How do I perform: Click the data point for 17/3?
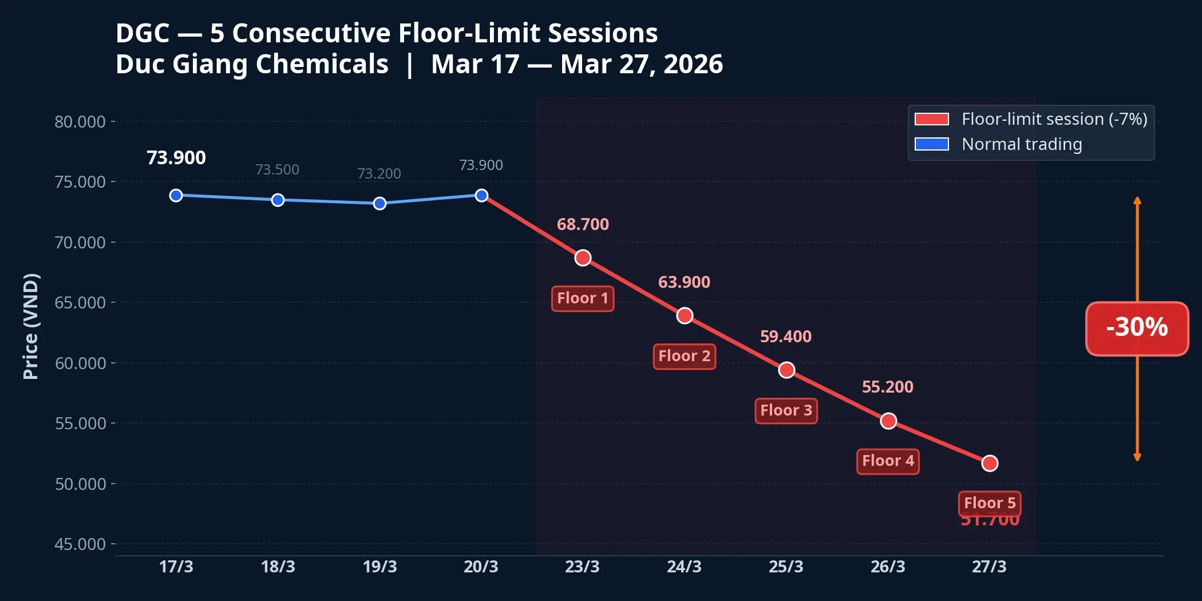tap(176, 196)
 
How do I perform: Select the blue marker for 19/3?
tap(379, 204)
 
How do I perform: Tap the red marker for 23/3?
tap(583, 258)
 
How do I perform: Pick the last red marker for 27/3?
tap(990, 464)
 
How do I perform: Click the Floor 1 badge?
tap(583, 299)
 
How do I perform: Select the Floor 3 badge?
tap(786, 411)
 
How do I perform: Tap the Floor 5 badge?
tap(990, 503)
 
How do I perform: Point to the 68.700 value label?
tap(583, 224)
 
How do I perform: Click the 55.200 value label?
tap(887, 387)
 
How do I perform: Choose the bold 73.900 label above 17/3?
tap(176, 158)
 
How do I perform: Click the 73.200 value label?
tap(379, 173)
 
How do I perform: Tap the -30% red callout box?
tap(1137, 328)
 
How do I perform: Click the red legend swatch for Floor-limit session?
tap(931, 119)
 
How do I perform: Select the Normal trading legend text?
tap(1022, 144)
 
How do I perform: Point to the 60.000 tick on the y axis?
tap(80, 363)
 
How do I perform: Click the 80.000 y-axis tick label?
tap(80, 122)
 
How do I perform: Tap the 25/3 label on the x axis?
tap(786, 567)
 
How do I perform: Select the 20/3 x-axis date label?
tap(481, 567)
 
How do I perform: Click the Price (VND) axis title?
tap(31, 326)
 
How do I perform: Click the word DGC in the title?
tap(143, 33)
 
